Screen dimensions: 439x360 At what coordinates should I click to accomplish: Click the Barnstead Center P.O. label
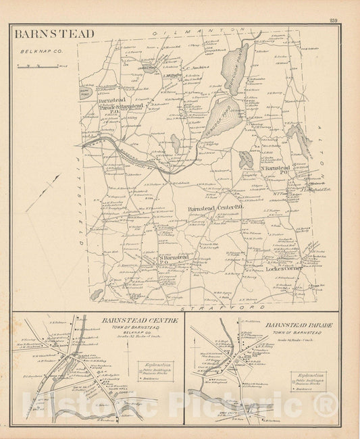click(x=211, y=209)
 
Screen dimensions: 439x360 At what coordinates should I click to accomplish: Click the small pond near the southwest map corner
click(x=98, y=294)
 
